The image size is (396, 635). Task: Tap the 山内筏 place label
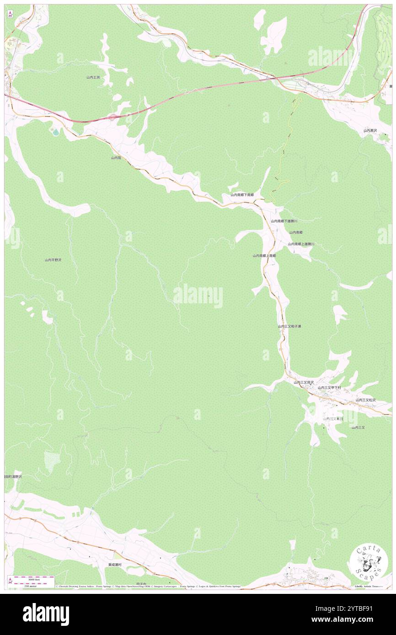coord(116,158)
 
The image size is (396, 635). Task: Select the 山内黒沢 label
coord(370,131)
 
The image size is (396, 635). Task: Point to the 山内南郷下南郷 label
coord(242,195)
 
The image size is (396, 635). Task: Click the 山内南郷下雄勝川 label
coord(284,221)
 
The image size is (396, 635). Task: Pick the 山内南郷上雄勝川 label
coord(301,244)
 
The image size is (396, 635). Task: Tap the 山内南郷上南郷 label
coord(264,256)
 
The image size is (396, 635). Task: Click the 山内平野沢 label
coord(53,260)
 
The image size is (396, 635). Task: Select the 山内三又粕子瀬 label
coord(289,327)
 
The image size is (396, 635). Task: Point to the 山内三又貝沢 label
coord(304,382)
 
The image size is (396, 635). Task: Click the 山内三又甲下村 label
coord(329,387)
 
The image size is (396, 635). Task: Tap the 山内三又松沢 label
coord(365,400)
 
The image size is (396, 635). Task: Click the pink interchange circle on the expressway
coord(112,118)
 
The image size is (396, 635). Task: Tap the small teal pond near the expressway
coord(55,132)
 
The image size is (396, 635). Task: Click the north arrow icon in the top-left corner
coord(10,14)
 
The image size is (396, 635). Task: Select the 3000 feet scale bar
coord(31,577)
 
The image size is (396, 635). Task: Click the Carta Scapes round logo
coord(369,562)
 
